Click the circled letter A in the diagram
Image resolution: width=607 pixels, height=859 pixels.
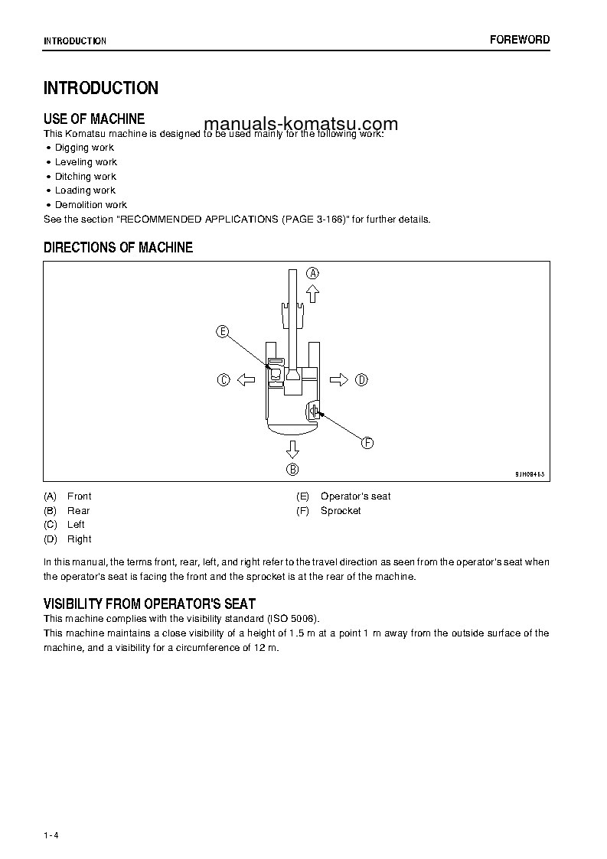(x=313, y=272)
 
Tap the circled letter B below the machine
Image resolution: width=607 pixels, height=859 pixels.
(x=292, y=470)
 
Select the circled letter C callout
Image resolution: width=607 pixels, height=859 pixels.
(x=224, y=379)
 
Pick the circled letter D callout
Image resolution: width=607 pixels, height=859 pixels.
(x=362, y=379)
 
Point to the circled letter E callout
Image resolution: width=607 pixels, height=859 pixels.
(x=222, y=331)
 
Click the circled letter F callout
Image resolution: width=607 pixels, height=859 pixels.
(x=367, y=442)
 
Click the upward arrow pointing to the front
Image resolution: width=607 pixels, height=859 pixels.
(x=312, y=292)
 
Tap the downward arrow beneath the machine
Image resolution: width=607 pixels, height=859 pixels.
(x=292, y=449)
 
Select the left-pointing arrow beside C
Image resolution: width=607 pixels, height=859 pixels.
(x=245, y=379)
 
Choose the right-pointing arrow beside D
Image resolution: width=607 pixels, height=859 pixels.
(x=339, y=379)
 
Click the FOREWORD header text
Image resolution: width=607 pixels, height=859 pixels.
(x=520, y=40)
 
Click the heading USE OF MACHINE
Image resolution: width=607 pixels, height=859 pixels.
(x=94, y=119)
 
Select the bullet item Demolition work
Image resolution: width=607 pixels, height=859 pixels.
(x=90, y=205)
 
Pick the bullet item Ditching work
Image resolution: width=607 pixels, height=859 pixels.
(x=85, y=177)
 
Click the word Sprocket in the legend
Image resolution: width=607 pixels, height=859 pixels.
(x=341, y=511)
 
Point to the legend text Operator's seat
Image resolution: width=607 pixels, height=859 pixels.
(x=355, y=496)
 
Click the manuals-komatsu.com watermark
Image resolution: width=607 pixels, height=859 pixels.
(x=301, y=125)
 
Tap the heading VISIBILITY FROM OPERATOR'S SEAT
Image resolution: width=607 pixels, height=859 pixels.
(x=149, y=604)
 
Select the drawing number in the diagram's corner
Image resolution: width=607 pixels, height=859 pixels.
(x=529, y=474)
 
